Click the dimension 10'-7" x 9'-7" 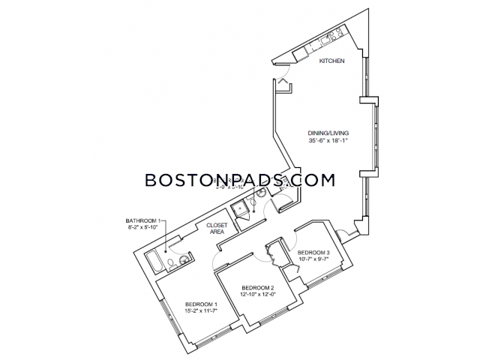click(x=313, y=259)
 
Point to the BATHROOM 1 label click(x=142, y=220)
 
